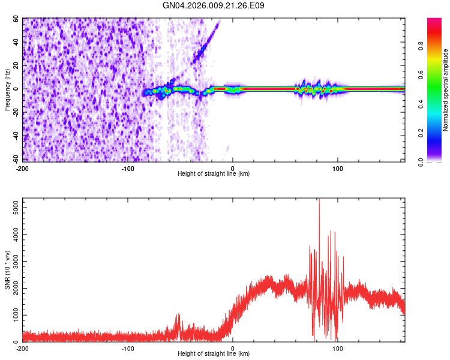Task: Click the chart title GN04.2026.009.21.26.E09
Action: [x=214, y=5]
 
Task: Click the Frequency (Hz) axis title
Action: [x=7, y=89]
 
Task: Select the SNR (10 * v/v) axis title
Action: [x=7, y=270]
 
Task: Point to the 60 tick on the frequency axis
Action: [x=16, y=19]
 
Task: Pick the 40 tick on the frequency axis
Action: [x=16, y=42]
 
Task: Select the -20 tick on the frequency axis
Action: [x=15, y=112]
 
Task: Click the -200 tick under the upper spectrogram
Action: [x=22, y=168]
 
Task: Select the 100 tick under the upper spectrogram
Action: [x=337, y=168]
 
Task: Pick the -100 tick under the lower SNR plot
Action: [x=127, y=348]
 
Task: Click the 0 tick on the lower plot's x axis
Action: [x=233, y=348]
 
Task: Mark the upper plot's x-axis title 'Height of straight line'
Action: [x=214, y=174]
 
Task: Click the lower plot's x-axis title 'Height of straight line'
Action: [x=214, y=354]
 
